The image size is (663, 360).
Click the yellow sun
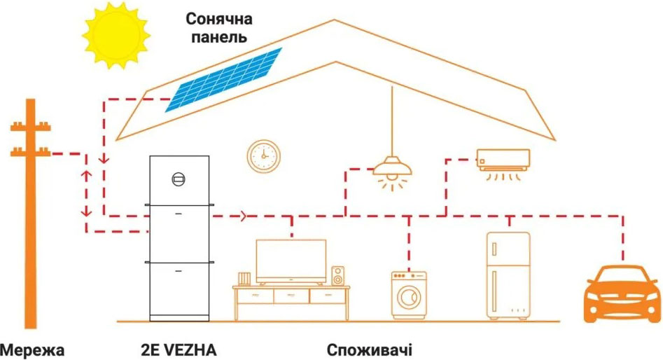pyautogui.click(x=116, y=36)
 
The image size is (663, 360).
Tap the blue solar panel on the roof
pyautogui.click(x=223, y=80)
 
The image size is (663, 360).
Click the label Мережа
pyautogui.click(x=32, y=351)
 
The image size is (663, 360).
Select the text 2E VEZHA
pyautogui.click(x=179, y=350)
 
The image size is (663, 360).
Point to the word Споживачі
pyautogui.click(x=369, y=351)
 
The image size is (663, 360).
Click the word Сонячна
pyautogui.click(x=219, y=19)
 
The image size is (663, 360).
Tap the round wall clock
pyautogui.click(x=264, y=156)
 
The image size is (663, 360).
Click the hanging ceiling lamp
pyautogui.click(x=392, y=167)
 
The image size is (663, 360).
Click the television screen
pyautogui.click(x=291, y=261)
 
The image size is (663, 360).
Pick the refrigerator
pyautogui.click(x=508, y=276)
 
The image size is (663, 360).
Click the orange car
pyautogui.click(x=622, y=294)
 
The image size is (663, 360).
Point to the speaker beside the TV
pyautogui.click(x=337, y=276)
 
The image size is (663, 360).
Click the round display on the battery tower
pyautogui.click(x=179, y=179)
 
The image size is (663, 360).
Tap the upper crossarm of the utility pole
pyautogui.click(x=30, y=127)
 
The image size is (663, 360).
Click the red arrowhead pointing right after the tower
pyautogui.click(x=243, y=216)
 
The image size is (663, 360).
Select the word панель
pyautogui.click(x=219, y=37)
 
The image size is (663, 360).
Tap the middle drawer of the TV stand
pyautogui.click(x=291, y=296)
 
